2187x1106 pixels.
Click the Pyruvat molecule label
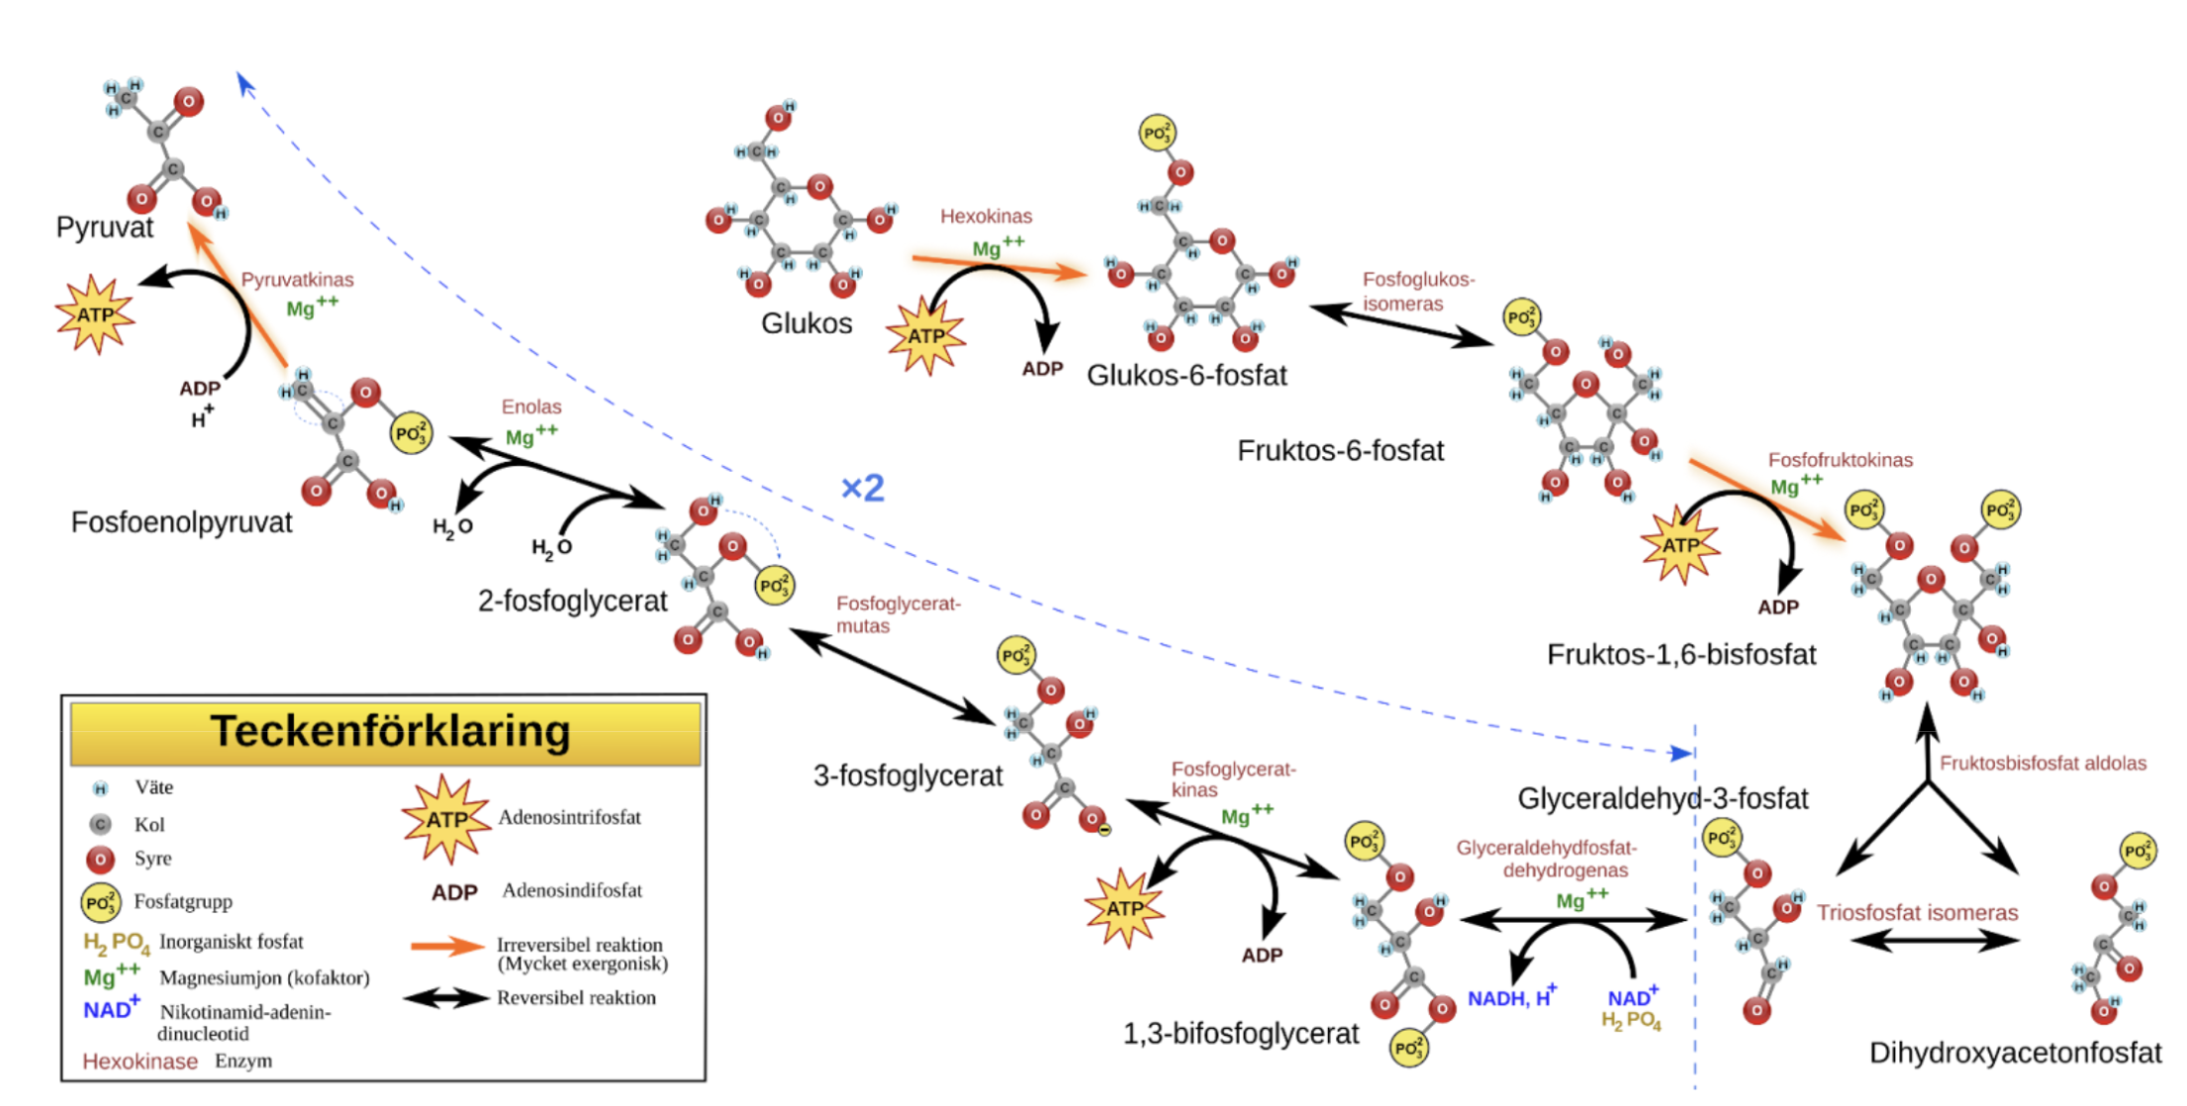pos(105,228)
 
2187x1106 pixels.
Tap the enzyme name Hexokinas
pos(986,216)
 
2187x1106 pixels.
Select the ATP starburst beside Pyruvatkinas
pos(94,315)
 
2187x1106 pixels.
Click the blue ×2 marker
pos(862,488)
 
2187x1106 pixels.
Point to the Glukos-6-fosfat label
pos(1186,376)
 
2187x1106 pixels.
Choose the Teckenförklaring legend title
pos(390,732)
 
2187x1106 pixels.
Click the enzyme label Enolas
pos(531,407)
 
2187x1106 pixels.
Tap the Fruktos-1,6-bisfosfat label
pos(1680,655)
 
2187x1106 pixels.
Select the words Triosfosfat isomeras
pos(1917,913)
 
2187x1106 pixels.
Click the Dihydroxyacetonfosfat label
pos(2014,1053)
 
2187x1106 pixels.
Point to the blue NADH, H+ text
pos(1511,997)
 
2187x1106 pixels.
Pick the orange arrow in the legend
pos(447,947)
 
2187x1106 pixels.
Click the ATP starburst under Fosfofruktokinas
pos(1680,545)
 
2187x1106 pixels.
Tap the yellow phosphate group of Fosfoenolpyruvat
pos(411,433)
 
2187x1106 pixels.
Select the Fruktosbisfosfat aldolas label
pos(2043,763)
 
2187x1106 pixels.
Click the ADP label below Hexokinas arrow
pos(1042,369)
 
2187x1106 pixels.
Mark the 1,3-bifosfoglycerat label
pos(1240,1034)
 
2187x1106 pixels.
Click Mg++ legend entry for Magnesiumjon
pos(111,976)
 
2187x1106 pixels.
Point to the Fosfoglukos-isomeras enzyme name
pos(1417,292)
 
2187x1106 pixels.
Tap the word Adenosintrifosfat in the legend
pos(569,818)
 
